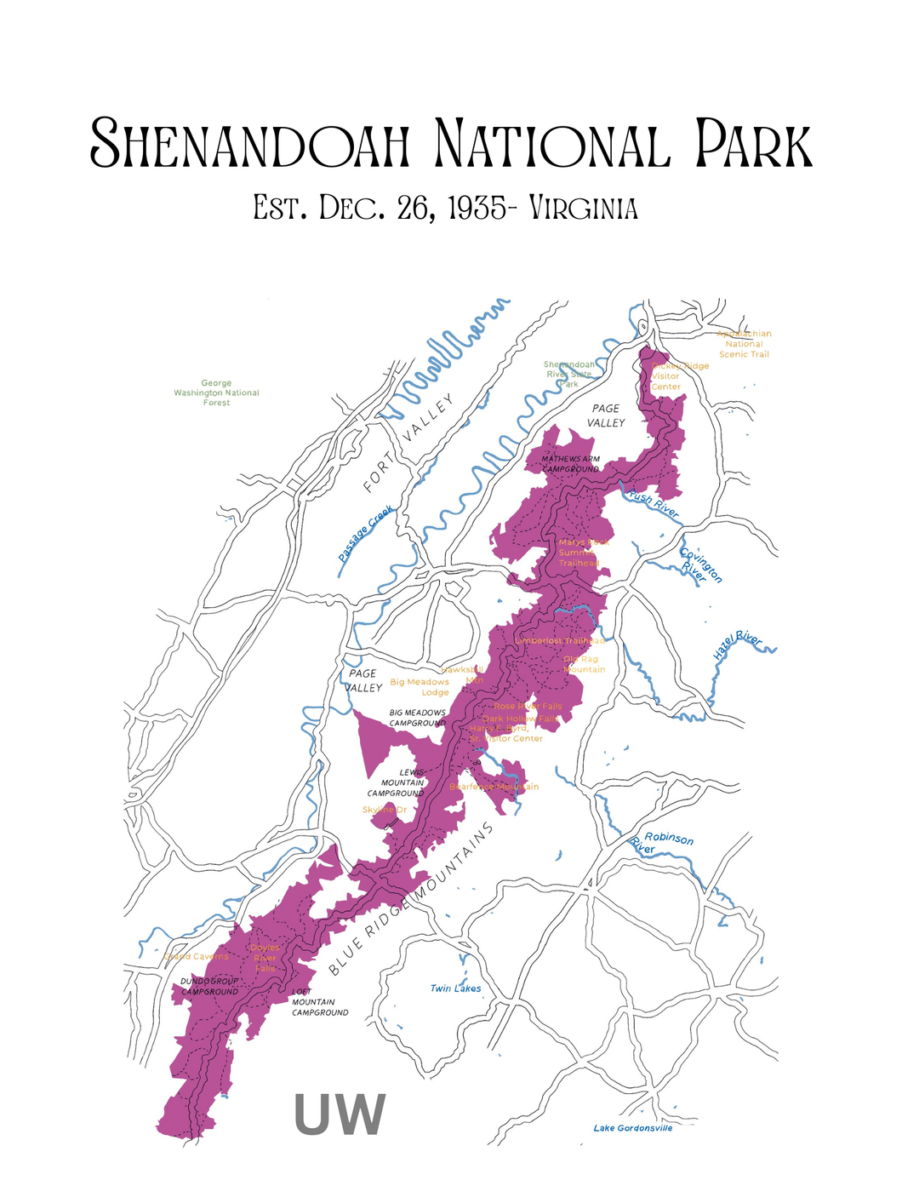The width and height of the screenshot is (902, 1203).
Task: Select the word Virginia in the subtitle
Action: tap(583, 208)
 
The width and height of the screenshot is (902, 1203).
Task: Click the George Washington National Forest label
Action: tap(216, 392)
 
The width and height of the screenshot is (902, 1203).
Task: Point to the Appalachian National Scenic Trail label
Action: tap(744, 344)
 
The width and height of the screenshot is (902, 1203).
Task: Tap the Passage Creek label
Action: tap(366, 534)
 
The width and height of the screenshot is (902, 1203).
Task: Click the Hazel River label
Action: tap(737, 646)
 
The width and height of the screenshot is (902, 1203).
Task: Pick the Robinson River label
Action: tap(662, 843)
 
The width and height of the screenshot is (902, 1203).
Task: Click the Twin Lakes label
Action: tap(455, 988)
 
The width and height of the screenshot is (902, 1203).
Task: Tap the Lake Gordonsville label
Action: tap(632, 1128)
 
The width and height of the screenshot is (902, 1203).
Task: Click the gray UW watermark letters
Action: tap(340, 1114)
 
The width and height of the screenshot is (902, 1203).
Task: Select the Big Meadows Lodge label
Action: tap(420, 687)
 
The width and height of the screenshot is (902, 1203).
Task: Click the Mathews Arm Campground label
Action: tap(571, 464)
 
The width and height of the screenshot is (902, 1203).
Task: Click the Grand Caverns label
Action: tap(196, 956)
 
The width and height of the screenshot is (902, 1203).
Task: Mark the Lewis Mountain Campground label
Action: tap(397, 782)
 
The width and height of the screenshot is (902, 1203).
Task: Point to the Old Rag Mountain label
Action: tap(584, 664)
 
